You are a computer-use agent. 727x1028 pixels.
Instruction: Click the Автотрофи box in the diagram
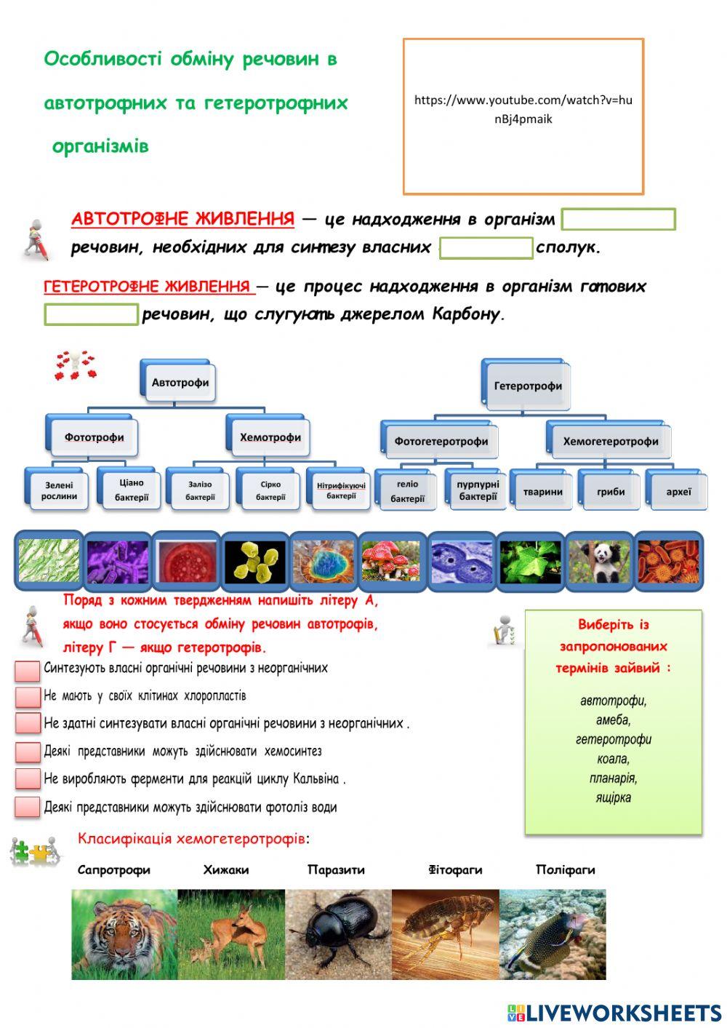tap(180, 383)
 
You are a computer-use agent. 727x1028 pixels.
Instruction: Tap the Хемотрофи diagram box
tap(270, 437)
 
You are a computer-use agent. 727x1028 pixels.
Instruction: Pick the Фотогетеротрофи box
tap(441, 441)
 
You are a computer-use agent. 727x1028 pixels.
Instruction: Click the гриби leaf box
tap(611, 492)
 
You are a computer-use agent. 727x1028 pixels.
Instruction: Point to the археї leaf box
tap(678, 492)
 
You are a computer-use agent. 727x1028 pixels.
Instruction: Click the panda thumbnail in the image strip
tap(599, 561)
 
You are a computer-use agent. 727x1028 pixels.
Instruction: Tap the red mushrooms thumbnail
tap(391, 561)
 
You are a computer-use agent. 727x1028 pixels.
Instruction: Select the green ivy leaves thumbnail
tap(529, 561)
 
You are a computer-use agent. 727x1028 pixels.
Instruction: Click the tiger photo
tap(124, 934)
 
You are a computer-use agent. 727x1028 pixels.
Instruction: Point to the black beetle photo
tap(338, 934)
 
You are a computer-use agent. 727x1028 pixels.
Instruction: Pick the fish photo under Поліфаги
tap(552, 934)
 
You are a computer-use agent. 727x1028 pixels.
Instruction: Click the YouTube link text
tap(523, 109)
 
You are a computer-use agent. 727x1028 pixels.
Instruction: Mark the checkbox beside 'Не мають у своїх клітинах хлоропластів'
tap(28, 696)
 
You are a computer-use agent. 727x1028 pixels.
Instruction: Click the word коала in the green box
tap(612, 759)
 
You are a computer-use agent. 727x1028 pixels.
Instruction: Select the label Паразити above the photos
tap(336, 869)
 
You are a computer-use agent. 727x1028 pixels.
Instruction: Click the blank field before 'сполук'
tap(486, 248)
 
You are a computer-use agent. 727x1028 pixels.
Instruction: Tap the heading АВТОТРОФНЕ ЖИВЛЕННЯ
tap(182, 219)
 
